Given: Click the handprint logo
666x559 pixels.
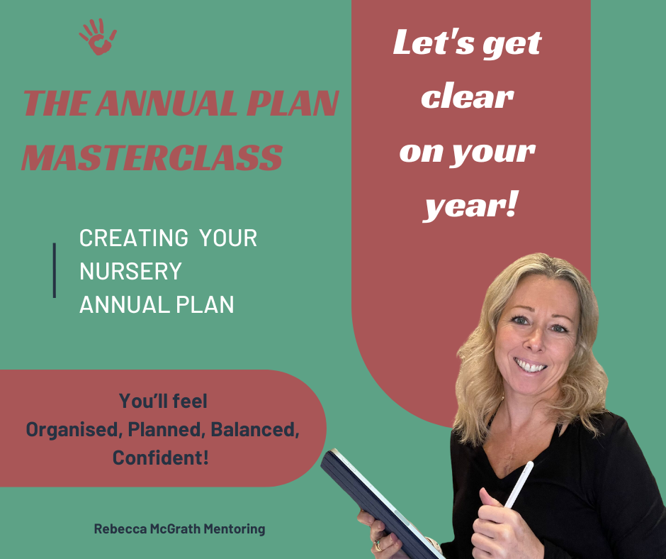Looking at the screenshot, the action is [98, 37].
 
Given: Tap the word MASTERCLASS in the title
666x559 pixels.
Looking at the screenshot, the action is [152, 157].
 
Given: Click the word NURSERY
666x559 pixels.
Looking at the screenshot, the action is [131, 271].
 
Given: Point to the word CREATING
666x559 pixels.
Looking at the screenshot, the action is [134, 238].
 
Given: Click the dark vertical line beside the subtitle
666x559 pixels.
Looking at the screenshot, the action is [55, 270].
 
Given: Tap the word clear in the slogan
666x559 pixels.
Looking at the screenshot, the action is [468, 97].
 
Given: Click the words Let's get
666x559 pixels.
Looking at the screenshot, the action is [467, 44].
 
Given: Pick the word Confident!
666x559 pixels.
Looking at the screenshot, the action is [161, 458].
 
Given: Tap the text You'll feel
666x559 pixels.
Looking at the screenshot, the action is [163, 402].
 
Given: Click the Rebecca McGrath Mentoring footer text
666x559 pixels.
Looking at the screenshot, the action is [180, 528].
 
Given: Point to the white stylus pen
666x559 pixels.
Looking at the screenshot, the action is [519, 485].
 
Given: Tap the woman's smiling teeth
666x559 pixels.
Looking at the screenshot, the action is [529, 366].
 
